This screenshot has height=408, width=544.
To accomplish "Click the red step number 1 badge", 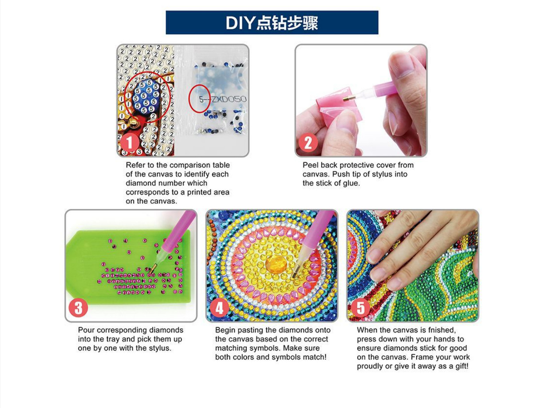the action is [130, 143].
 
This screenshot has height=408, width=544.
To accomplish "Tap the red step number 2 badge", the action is [308, 143].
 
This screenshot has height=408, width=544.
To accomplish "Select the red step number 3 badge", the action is [78, 308].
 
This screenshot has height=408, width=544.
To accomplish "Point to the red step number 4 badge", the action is [219, 308].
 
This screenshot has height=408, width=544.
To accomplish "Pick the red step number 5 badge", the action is [361, 308].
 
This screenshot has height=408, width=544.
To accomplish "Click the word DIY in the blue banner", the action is [240, 23].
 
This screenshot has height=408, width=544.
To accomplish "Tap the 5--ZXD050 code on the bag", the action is [223, 99].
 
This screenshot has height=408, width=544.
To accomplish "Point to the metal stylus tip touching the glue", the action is [347, 99].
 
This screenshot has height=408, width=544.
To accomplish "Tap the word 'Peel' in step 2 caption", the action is [309, 165].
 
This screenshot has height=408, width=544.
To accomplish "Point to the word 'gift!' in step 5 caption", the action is [461, 366].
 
